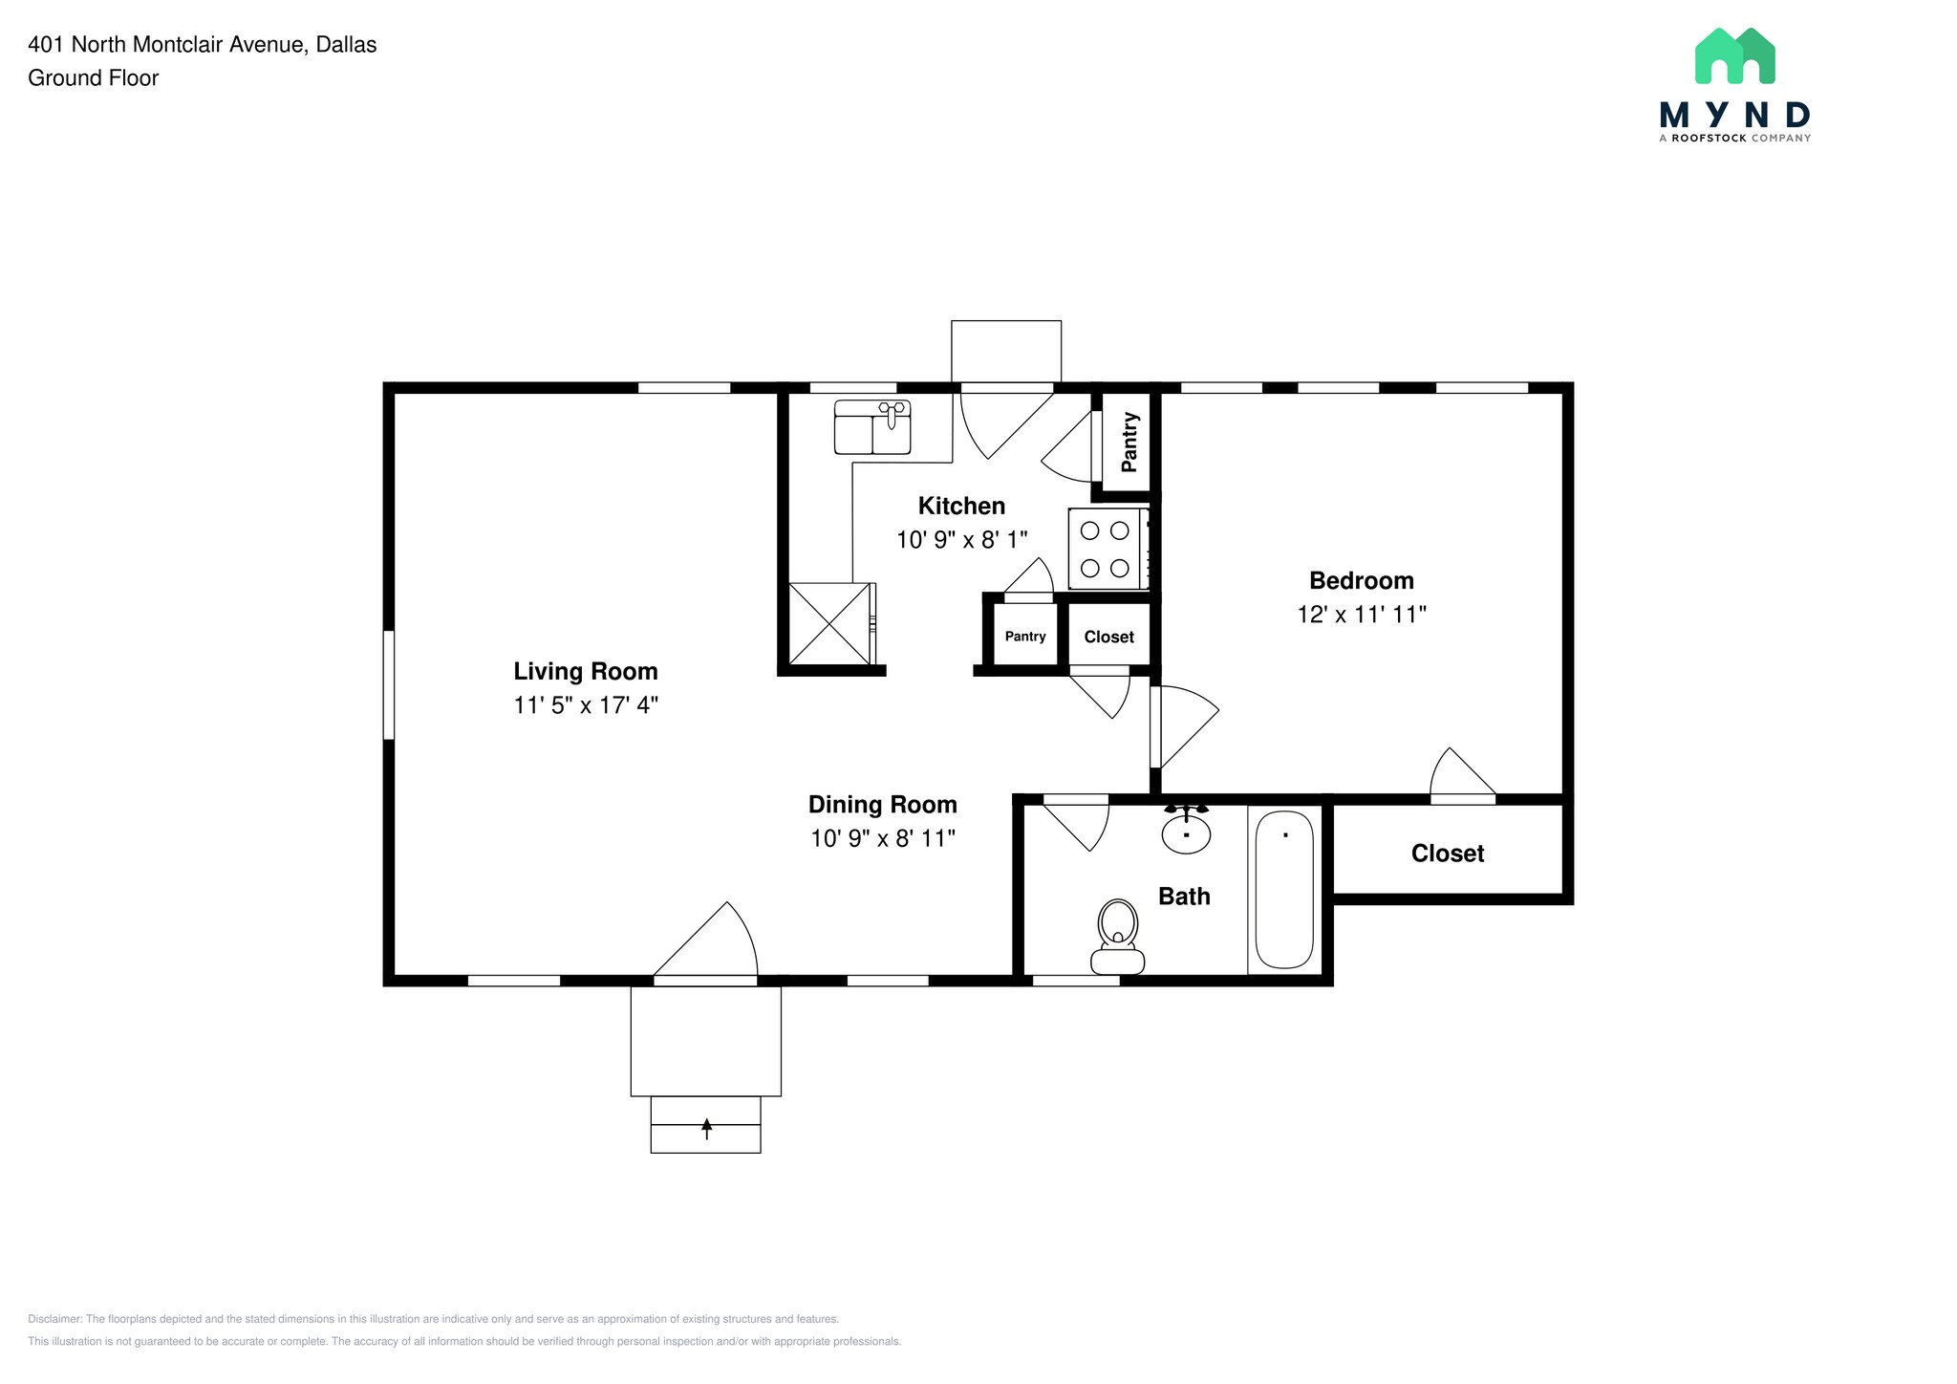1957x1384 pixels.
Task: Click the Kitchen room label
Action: [961, 506]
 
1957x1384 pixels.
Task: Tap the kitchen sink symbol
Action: [871, 427]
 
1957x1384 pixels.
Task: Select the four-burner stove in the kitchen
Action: [1107, 549]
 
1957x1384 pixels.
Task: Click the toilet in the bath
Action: [1117, 936]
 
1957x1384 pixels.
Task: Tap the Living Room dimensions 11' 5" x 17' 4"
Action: [586, 705]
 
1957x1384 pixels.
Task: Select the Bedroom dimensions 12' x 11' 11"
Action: [1361, 615]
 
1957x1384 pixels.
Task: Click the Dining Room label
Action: [882, 804]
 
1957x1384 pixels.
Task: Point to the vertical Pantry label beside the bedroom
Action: [1129, 442]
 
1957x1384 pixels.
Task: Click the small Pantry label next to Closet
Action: [1025, 637]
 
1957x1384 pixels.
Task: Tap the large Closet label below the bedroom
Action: [1447, 854]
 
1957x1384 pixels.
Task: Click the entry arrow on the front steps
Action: [706, 1129]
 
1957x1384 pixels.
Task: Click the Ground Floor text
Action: [93, 78]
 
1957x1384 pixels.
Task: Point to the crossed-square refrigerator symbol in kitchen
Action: [829, 623]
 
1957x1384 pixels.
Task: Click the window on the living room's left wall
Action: [389, 684]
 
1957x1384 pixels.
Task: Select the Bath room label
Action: [1184, 897]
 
